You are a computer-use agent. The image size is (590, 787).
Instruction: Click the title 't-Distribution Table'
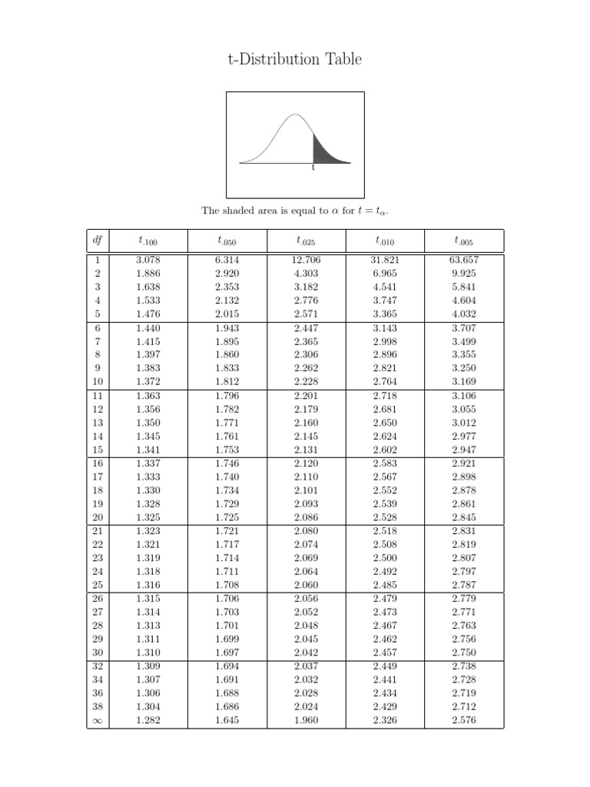[294, 59]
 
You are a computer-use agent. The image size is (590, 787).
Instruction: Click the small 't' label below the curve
[313, 168]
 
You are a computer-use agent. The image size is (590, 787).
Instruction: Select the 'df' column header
[98, 241]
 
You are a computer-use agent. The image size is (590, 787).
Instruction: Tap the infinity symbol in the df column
[98, 720]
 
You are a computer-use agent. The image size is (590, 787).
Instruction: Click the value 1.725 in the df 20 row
[227, 517]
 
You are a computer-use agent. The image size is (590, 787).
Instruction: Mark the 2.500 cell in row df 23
[385, 558]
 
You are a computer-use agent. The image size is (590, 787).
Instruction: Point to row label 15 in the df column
[98, 450]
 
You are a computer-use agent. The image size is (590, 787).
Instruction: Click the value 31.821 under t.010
[385, 260]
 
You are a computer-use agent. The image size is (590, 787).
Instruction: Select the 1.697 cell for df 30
[227, 653]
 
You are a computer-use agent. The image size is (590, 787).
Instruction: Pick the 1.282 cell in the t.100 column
[147, 720]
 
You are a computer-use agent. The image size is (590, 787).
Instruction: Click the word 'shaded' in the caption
[242, 210]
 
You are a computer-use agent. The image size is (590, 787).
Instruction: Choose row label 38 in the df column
[98, 706]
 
